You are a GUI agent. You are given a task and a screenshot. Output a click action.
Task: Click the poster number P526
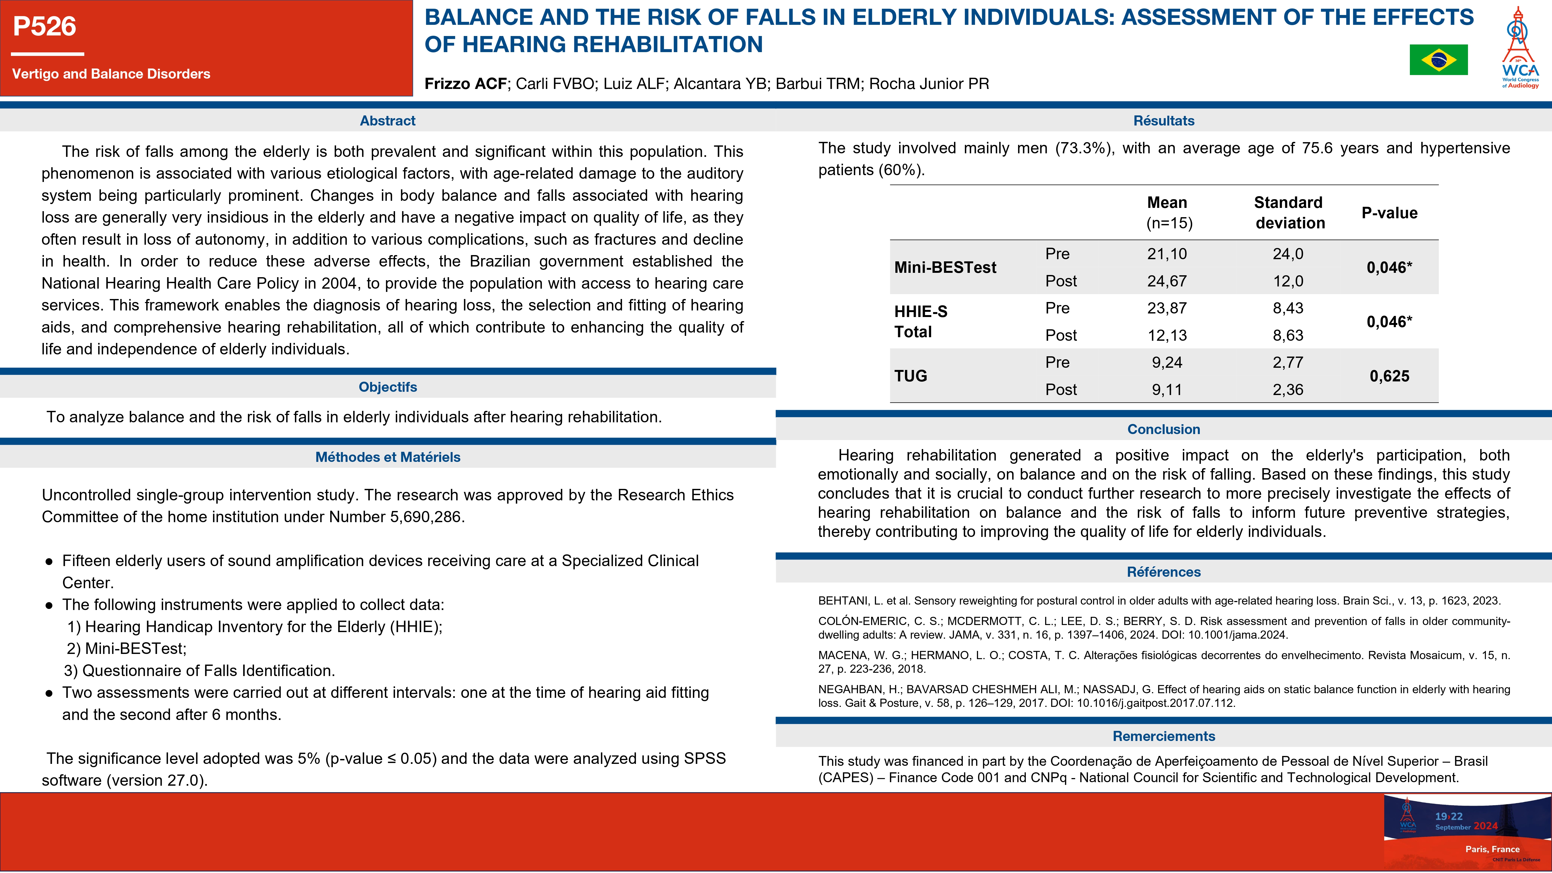(x=44, y=26)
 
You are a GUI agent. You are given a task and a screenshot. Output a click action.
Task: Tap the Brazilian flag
(x=1438, y=60)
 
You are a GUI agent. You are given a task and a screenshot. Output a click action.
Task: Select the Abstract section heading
(x=387, y=121)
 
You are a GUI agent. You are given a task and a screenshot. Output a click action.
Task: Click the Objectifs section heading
(x=387, y=387)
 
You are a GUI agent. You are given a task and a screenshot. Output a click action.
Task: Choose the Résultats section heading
(x=1164, y=121)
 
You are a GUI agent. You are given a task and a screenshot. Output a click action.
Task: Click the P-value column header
(x=1389, y=213)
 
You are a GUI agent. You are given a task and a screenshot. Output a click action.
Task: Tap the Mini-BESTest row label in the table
(x=945, y=268)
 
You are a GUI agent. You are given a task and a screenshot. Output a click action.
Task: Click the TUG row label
(x=910, y=376)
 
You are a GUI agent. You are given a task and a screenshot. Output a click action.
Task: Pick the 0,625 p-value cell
(x=1389, y=376)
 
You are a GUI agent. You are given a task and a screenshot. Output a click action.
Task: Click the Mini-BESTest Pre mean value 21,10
(x=1167, y=254)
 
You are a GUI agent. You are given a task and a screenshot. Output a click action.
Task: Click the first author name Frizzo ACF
(x=465, y=84)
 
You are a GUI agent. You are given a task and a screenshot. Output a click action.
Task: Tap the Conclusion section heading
(x=1164, y=429)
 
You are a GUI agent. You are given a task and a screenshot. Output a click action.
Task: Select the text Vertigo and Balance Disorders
(x=111, y=73)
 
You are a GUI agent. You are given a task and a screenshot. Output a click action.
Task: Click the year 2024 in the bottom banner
(x=1485, y=826)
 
